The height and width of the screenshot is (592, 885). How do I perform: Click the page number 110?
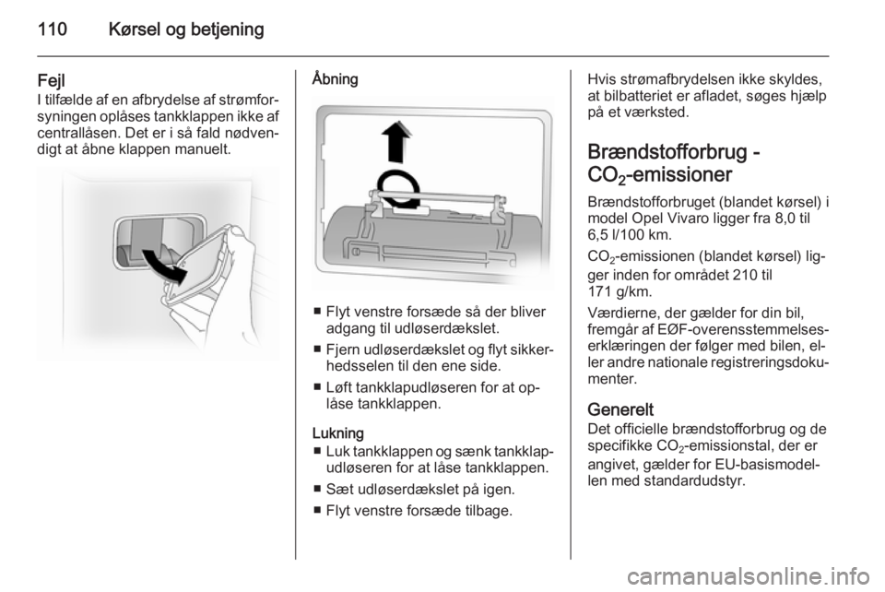pos(53,29)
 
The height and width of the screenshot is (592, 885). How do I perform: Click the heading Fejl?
pos(52,81)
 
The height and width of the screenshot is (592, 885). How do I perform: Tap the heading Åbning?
pos(335,78)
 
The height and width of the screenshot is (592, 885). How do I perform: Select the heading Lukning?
pos(337,432)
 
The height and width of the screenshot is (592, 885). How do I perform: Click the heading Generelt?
pos(620,409)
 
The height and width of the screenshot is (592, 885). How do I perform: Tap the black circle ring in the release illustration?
pos(398,189)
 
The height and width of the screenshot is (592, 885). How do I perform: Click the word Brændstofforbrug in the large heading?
pos(666,152)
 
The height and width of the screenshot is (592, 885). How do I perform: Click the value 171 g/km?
pos(619,292)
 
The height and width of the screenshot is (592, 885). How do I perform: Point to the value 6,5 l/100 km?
pos(630,235)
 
